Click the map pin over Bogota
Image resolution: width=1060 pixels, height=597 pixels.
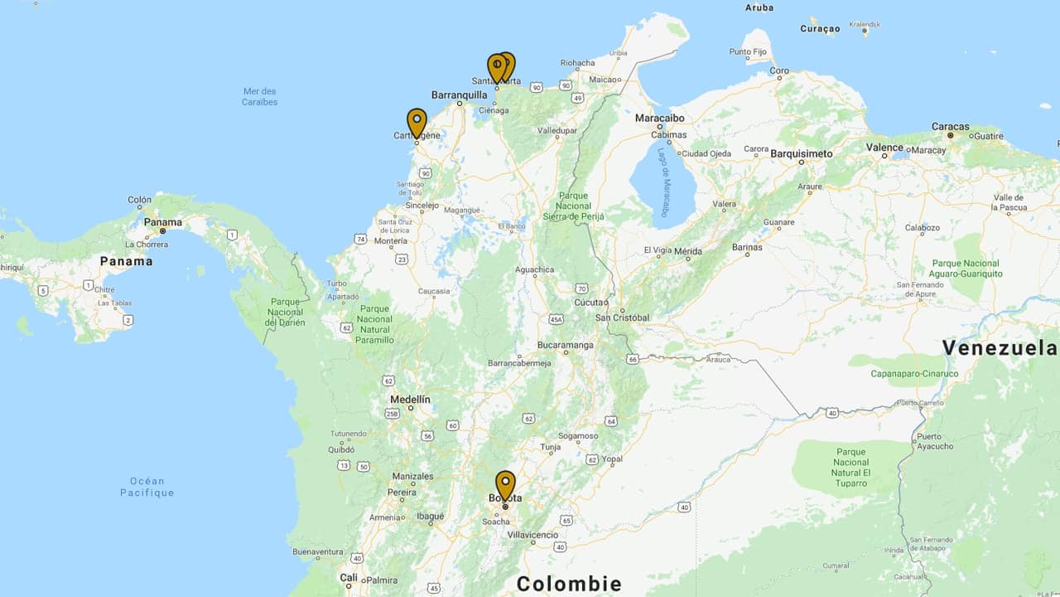click(505, 484)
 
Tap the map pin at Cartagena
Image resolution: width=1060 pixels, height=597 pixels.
click(417, 123)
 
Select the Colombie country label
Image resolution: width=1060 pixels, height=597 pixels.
click(569, 584)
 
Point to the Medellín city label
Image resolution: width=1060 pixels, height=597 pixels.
click(410, 399)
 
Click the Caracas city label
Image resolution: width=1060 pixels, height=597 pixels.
click(950, 127)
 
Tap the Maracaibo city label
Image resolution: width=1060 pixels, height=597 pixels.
click(659, 118)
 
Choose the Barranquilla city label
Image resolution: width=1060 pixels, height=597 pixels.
click(459, 95)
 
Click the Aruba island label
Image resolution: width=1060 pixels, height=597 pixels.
click(759, 7)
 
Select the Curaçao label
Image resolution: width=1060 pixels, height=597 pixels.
click(820, 29)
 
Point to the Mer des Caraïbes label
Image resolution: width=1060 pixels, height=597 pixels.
click(260, 96)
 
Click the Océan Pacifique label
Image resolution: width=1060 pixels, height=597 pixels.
click(147, 487)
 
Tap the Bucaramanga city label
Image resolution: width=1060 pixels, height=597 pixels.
click(566, 345)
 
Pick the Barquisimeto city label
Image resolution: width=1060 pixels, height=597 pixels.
click(801, 153)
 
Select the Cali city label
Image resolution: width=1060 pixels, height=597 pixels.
click(349, 577)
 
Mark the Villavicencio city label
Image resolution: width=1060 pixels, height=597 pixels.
click(532, 535)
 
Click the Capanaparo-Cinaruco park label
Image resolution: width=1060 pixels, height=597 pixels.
click(914, 373)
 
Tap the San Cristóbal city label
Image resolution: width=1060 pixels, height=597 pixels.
click(622, 318)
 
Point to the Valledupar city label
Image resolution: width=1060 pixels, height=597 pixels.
click(556, 130)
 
